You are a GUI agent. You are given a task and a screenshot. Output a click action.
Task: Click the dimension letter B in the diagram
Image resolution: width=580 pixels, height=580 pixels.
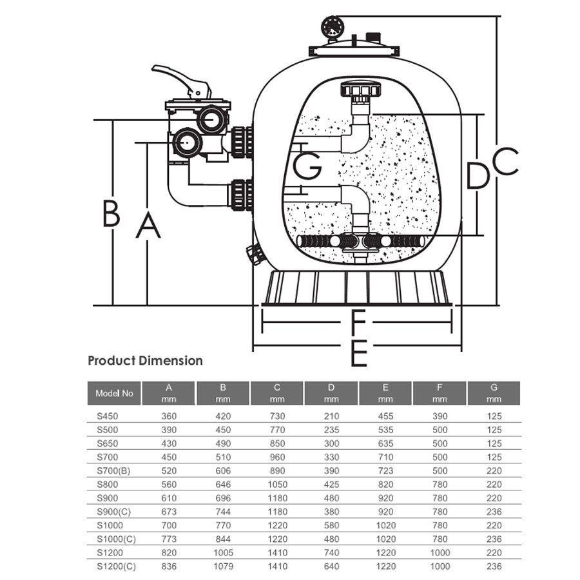(111, 213)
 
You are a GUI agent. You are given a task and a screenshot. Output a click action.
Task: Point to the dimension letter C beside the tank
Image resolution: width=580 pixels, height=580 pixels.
(506, 161)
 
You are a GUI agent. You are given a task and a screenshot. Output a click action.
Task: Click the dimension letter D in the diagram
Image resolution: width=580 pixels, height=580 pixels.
(478, 175)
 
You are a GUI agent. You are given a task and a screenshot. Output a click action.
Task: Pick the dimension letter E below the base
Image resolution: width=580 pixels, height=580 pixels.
(358, 353)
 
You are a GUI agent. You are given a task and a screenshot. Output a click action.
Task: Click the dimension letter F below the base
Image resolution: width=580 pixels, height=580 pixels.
(358, 320)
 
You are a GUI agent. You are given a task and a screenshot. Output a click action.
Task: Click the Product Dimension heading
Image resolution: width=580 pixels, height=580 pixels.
(145, 361)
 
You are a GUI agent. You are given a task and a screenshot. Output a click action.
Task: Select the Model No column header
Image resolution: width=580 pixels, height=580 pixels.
(114, 393)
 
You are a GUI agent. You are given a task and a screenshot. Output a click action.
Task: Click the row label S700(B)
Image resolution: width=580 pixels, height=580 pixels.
(113, 470)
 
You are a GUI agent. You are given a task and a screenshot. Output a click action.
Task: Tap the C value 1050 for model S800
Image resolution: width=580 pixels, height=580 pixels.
(277, 485)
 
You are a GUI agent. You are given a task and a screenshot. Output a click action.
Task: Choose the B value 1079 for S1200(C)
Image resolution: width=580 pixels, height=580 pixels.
(222, 566)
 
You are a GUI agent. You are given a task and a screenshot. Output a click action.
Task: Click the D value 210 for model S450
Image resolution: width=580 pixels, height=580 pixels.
(331, 416)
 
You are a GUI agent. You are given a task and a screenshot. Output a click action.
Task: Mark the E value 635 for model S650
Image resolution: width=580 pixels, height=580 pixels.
(385, 443)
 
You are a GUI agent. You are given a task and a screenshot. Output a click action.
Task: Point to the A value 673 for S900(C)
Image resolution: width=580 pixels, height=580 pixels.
(169, 512)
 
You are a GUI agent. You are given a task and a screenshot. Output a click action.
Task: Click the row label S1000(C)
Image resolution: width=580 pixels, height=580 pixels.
(115, 539)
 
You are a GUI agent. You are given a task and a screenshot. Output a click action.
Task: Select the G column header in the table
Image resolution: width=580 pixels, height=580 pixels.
(494, 393)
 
